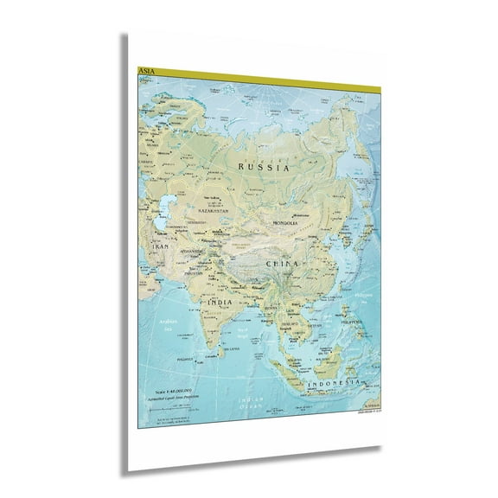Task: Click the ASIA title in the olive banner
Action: (x=145, y=70)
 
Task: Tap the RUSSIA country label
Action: (x=265, y=169)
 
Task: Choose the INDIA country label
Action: (x=219, y=302)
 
